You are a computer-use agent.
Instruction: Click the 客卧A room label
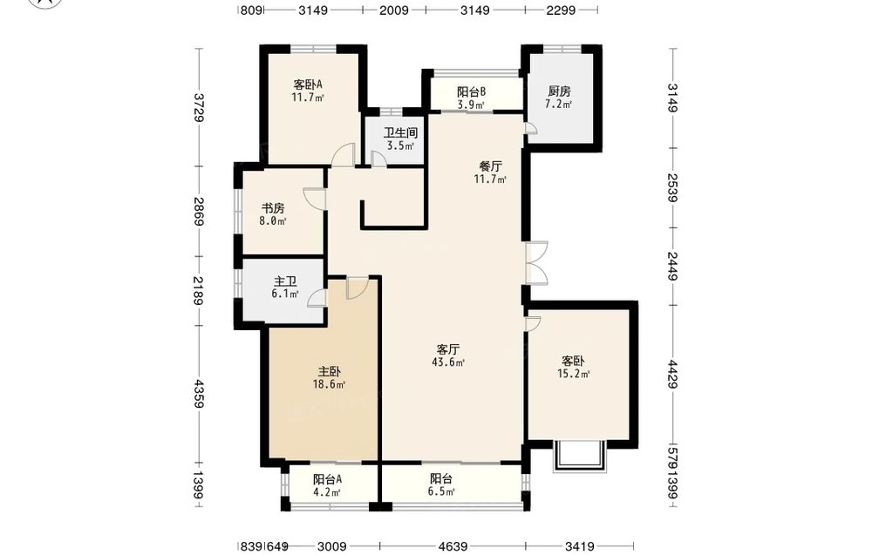[308, 85]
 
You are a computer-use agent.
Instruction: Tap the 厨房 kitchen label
[559, 91]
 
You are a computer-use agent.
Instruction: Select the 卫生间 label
[400, 133]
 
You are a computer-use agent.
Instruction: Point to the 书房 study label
[273, 208]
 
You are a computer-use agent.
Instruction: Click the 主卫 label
[285, 281]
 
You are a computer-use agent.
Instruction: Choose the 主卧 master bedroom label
[330, 372]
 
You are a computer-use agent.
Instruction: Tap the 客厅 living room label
[448, 349]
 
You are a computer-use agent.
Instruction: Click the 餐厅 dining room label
[490, 166]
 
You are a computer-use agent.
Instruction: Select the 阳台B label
[472, 91]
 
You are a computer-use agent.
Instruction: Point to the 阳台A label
[327, 479]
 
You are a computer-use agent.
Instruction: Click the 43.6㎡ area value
[448, 362]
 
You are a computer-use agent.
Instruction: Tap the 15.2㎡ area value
[574, 374]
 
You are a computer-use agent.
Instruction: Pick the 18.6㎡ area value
[330, 384]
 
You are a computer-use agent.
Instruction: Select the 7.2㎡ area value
[559, 105]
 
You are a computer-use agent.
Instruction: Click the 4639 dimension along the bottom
[453, 546]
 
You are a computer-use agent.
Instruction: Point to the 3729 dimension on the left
[199, 108]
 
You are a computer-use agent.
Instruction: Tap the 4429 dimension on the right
[673, 375]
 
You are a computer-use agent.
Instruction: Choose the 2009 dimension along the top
[394, 10]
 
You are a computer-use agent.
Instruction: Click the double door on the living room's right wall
[536, 263]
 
